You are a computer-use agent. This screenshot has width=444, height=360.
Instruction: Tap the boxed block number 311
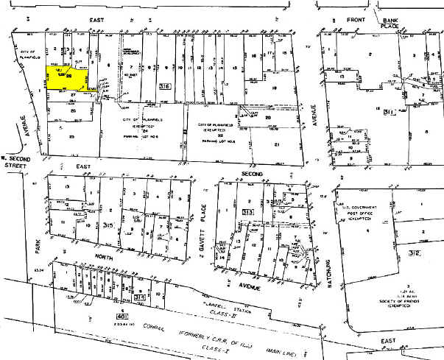383,113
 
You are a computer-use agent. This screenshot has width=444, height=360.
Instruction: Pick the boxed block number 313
247,212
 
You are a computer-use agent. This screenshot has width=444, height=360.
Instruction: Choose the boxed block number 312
434,253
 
